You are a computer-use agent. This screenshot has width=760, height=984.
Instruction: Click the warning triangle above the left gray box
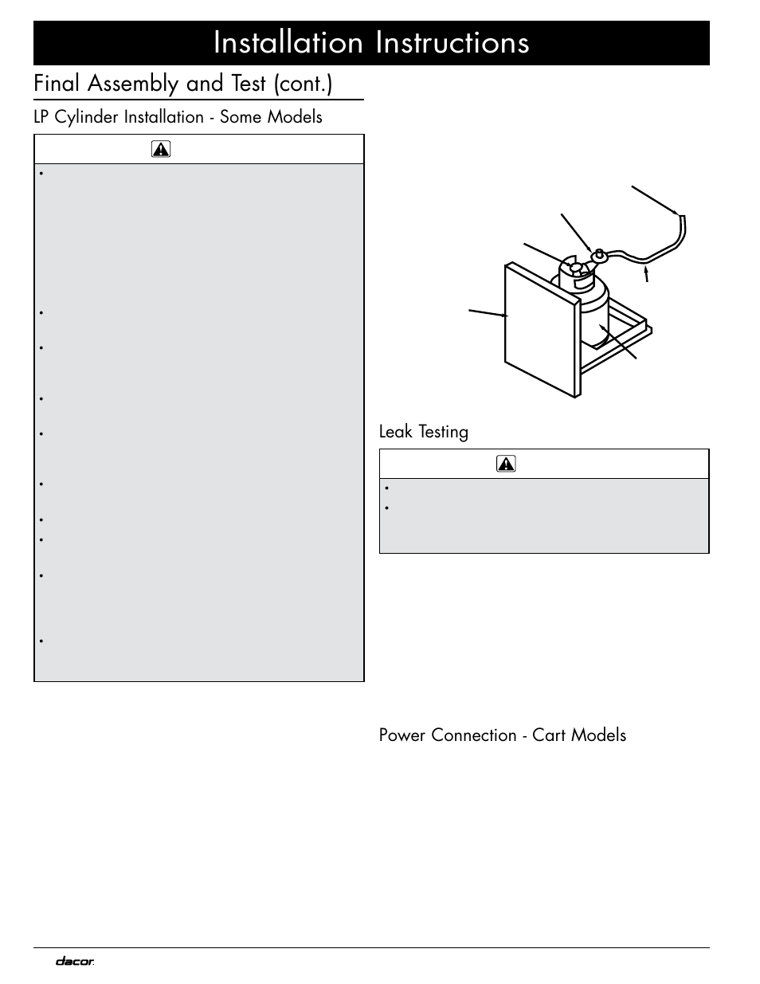[161, 149]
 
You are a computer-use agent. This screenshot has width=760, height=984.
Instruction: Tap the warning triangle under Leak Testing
[506, 464]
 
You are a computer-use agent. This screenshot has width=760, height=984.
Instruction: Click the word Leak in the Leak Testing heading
[395, 432]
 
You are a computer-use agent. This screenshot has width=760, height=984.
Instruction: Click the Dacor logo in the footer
[75, 962]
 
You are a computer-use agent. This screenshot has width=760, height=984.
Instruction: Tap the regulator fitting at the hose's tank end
[600, 256]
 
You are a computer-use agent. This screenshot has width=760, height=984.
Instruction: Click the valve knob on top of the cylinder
[576, 267]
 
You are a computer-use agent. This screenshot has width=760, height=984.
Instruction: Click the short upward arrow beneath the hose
[646, 274]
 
